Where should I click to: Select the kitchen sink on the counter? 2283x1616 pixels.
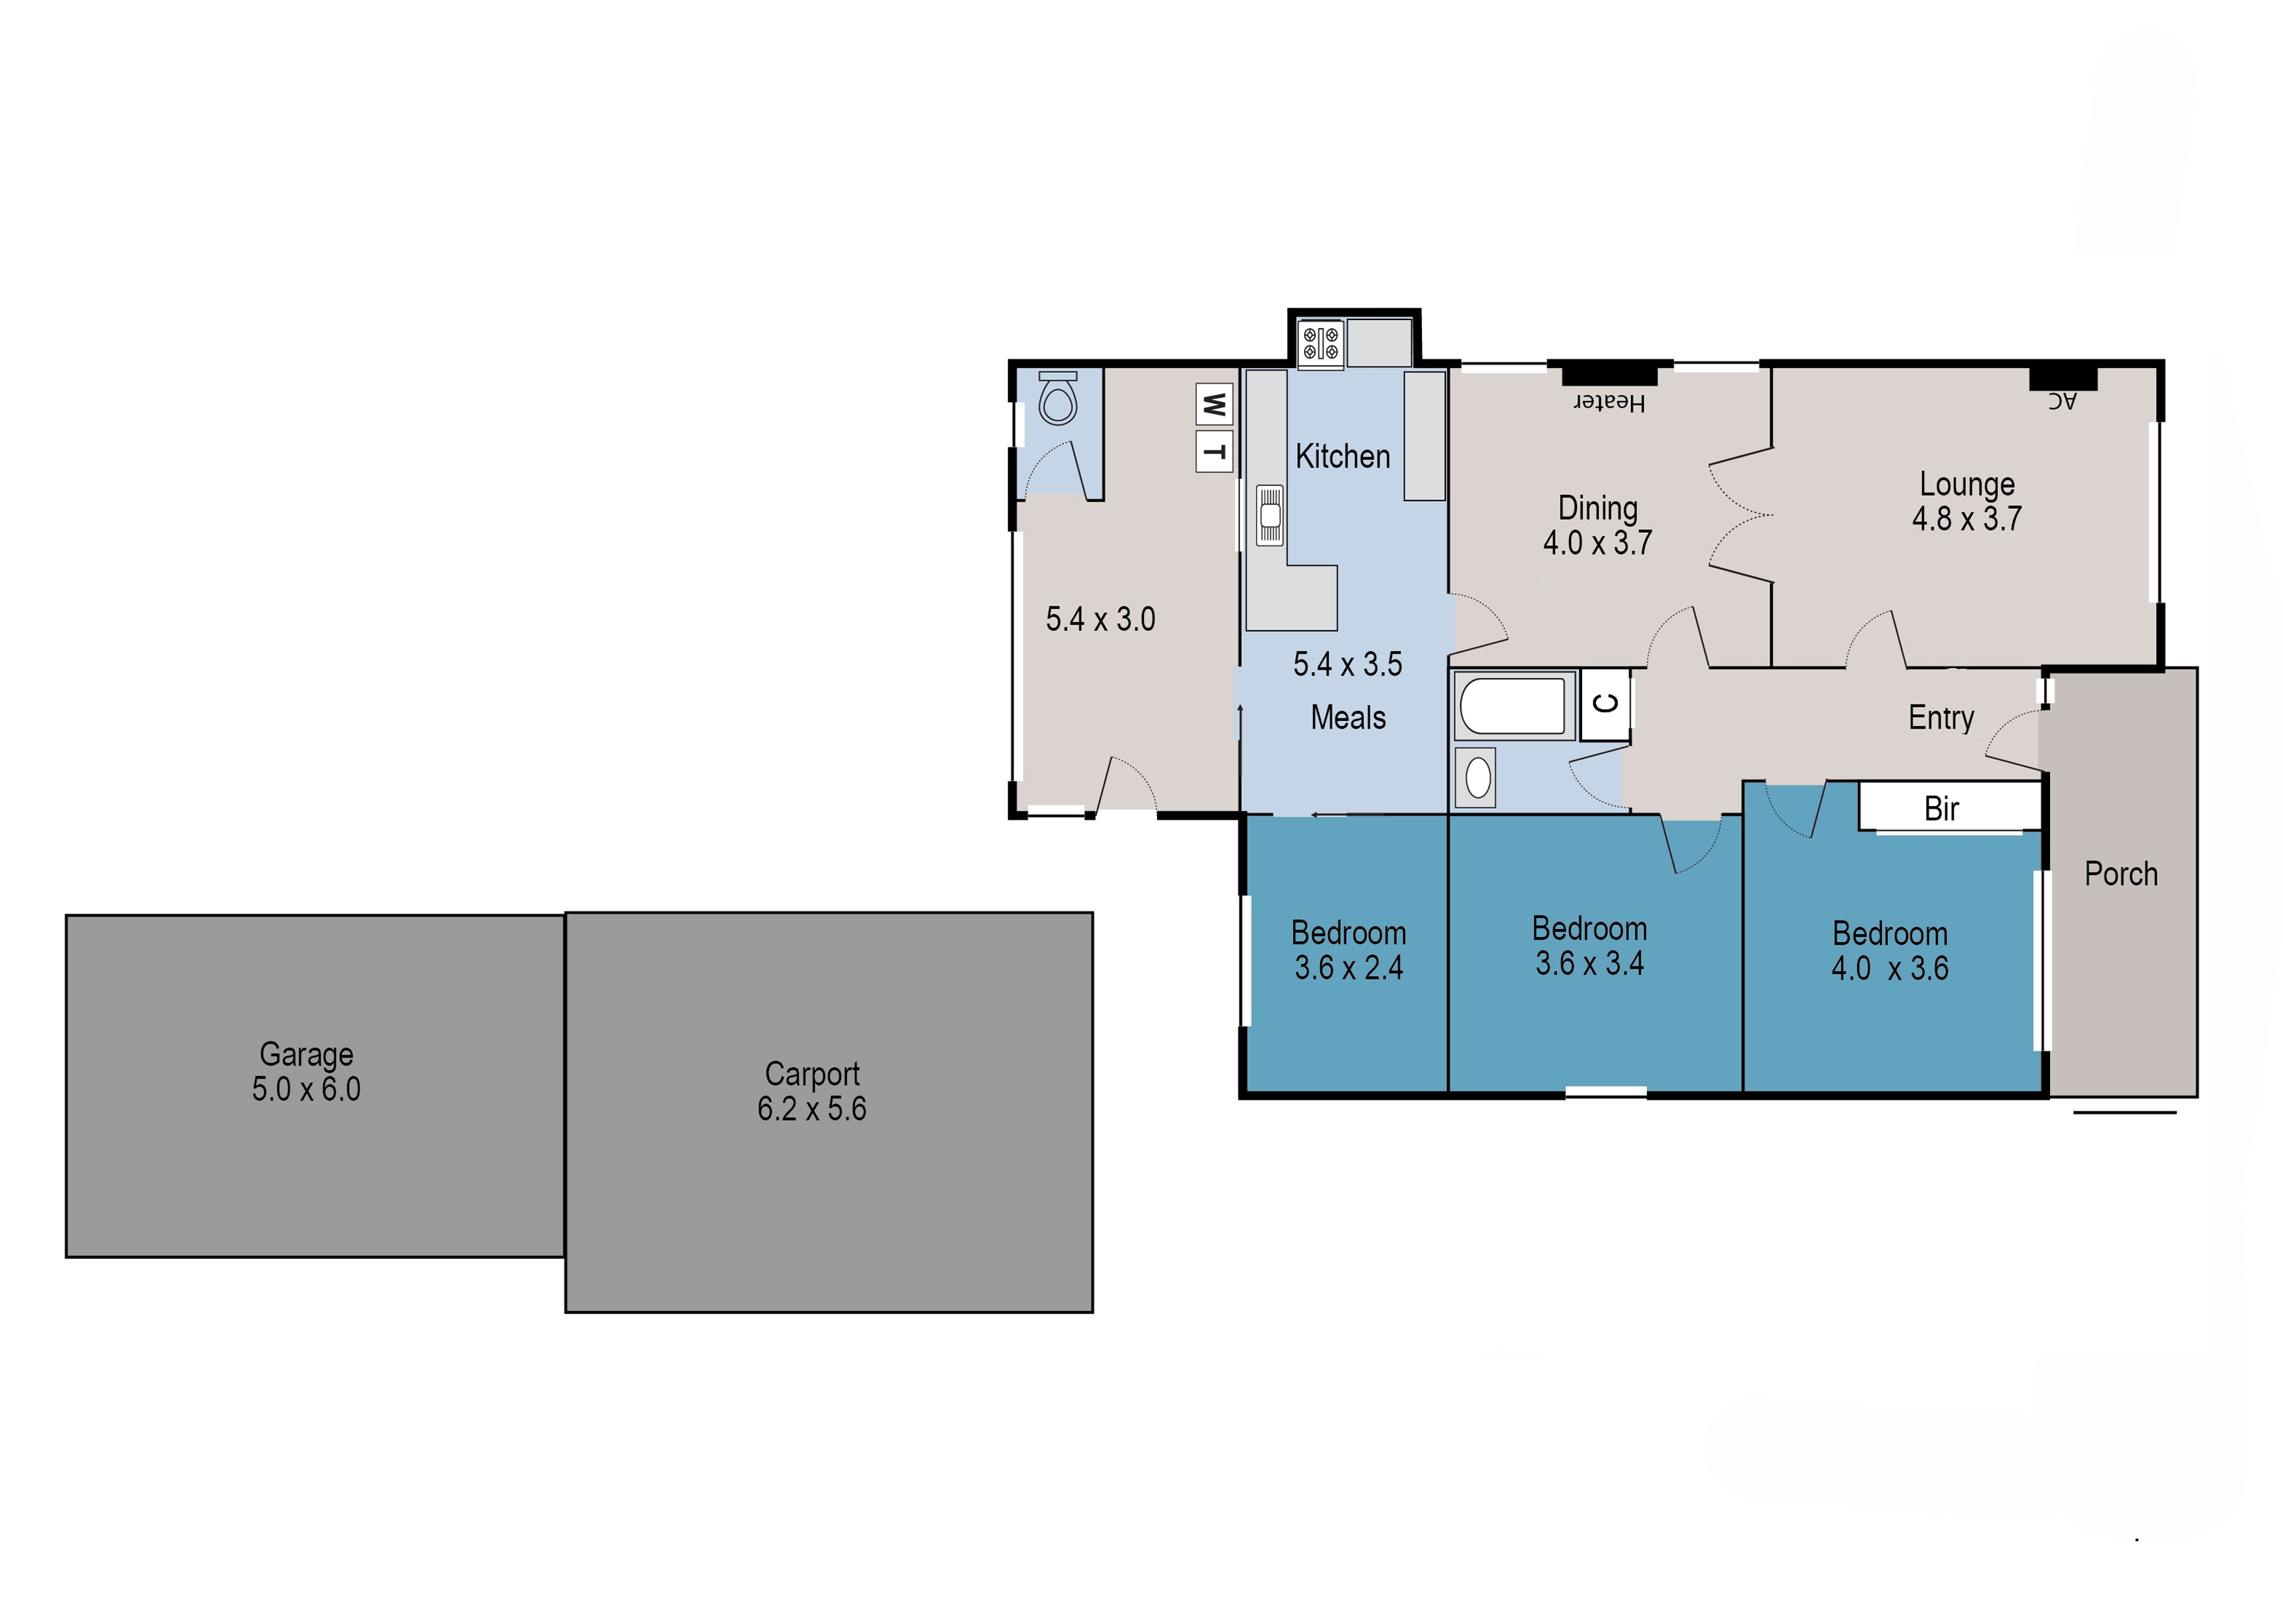tap(1270, 515)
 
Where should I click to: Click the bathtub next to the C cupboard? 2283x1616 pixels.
tap(1512, 705)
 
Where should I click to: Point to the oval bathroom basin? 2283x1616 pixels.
tap(1479, 777)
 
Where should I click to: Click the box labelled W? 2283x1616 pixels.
tap(1214, 405)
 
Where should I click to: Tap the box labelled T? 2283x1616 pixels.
tap(1214, 451)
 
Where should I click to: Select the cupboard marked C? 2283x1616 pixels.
tap(1604, 705)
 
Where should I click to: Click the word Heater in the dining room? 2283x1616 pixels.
tap(1609, 402)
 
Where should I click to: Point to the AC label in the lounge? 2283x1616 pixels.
tap(2062, 400)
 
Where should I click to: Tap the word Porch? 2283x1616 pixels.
tap(2121, 874)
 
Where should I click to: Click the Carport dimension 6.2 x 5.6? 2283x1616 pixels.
tap(812, 1109)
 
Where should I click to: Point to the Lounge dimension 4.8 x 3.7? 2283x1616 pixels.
tap(1967, 518)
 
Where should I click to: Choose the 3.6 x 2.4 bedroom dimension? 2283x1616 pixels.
tap(1348, 967)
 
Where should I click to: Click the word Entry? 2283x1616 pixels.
tap(1941, 718)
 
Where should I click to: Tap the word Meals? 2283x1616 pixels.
tap(1348, 718)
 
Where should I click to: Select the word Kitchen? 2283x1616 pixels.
tap(1343, 456)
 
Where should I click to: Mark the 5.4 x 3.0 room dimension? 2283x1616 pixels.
tap(1100, 619)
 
